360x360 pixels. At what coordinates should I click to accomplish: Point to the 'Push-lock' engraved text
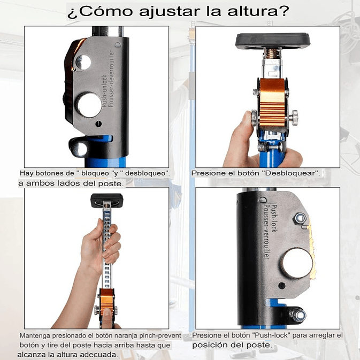pos(274,218)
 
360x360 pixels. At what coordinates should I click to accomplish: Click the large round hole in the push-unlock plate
pos(89,105)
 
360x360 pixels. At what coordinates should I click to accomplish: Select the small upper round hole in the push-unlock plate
pos(83,62)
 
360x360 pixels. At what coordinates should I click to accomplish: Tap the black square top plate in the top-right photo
pos(273,42)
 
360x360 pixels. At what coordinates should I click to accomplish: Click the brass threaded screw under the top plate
pos(272,53)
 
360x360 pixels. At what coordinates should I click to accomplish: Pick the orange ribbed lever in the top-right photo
pos(272,102)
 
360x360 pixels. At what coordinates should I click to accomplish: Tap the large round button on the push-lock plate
pos(297,263)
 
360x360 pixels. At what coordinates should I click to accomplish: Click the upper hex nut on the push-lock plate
pos(300,218)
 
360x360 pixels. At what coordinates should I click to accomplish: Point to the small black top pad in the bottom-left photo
pos(107,201)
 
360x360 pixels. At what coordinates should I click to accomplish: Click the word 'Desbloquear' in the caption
pos(292,173)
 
